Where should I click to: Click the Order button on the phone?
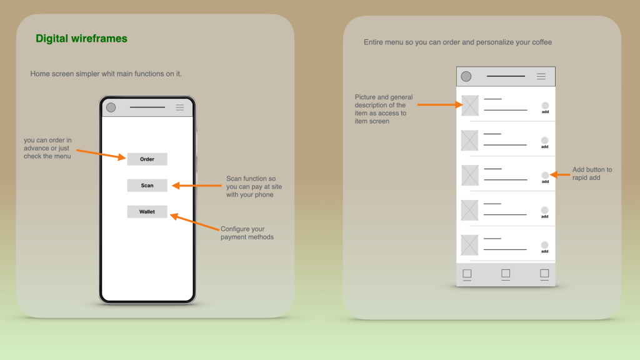click(x=147, y=159)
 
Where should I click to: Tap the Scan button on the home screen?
click(x=147, y=185)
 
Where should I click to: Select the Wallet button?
click(x=147, y=211)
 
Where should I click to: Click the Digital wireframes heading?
click(x=82, y=38)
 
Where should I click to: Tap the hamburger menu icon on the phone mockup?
click(x=179, y=107)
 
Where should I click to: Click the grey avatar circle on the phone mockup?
click(x=111, y=107)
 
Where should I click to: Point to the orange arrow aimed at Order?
click(x=101, y=155)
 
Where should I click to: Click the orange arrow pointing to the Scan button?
click(x=197, y=186)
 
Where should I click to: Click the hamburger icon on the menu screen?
click(x=541, y=76)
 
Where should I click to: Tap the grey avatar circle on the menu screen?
click(x=466, y=76)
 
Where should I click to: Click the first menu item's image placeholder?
click(x=470, y=105)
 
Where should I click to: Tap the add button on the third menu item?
click(x=545, y=176)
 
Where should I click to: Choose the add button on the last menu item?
click(x=544, y=245)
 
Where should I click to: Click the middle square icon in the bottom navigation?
click(x=506, y=274)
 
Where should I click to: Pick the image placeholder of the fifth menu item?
click(x=470, y=245)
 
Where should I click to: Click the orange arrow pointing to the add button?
click(x=560, y=175)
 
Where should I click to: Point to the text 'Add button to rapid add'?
click(x=592, y=174)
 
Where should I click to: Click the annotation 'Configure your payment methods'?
click(x=247, y=233)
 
